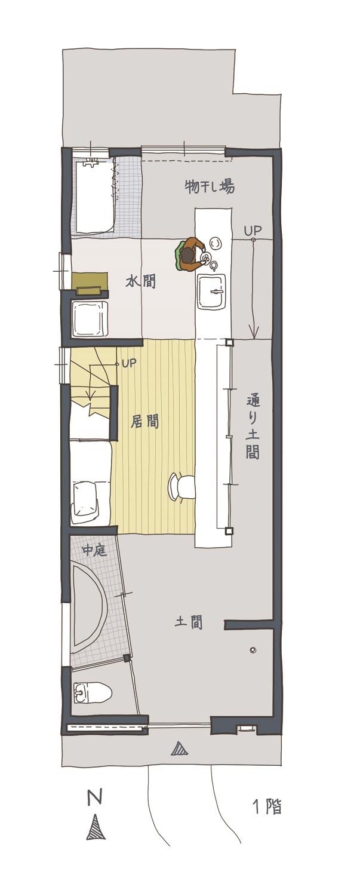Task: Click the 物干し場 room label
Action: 209,187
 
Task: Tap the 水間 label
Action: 140,281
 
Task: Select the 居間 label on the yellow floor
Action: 145,422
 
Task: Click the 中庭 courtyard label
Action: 94,551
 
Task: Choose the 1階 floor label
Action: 267,806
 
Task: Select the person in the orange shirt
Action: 190,254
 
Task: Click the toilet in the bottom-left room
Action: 91,692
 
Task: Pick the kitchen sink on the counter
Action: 213,292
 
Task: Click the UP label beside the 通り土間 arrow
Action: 253,231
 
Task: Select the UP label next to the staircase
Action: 129,363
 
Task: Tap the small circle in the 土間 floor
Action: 252,650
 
